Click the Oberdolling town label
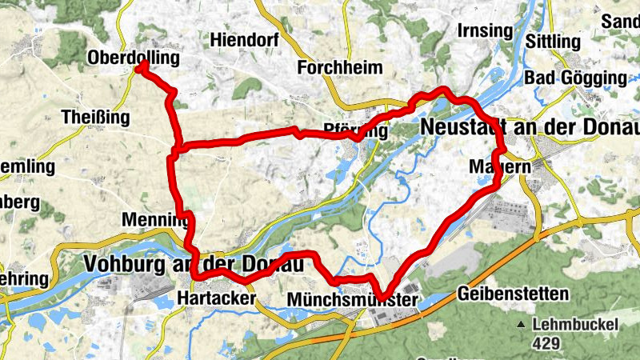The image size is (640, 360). (133, 59)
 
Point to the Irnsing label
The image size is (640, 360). (483, 30)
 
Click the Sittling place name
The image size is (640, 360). (554, 40)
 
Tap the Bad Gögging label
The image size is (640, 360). (575, 78)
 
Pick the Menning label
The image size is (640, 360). (154, 219)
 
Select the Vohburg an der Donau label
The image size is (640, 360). (195, 263)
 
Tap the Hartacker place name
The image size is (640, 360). (215, 298)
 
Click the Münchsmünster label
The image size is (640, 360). (352, 298)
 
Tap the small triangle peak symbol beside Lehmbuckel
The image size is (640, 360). (522, 325)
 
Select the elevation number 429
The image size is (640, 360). (546, 343)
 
